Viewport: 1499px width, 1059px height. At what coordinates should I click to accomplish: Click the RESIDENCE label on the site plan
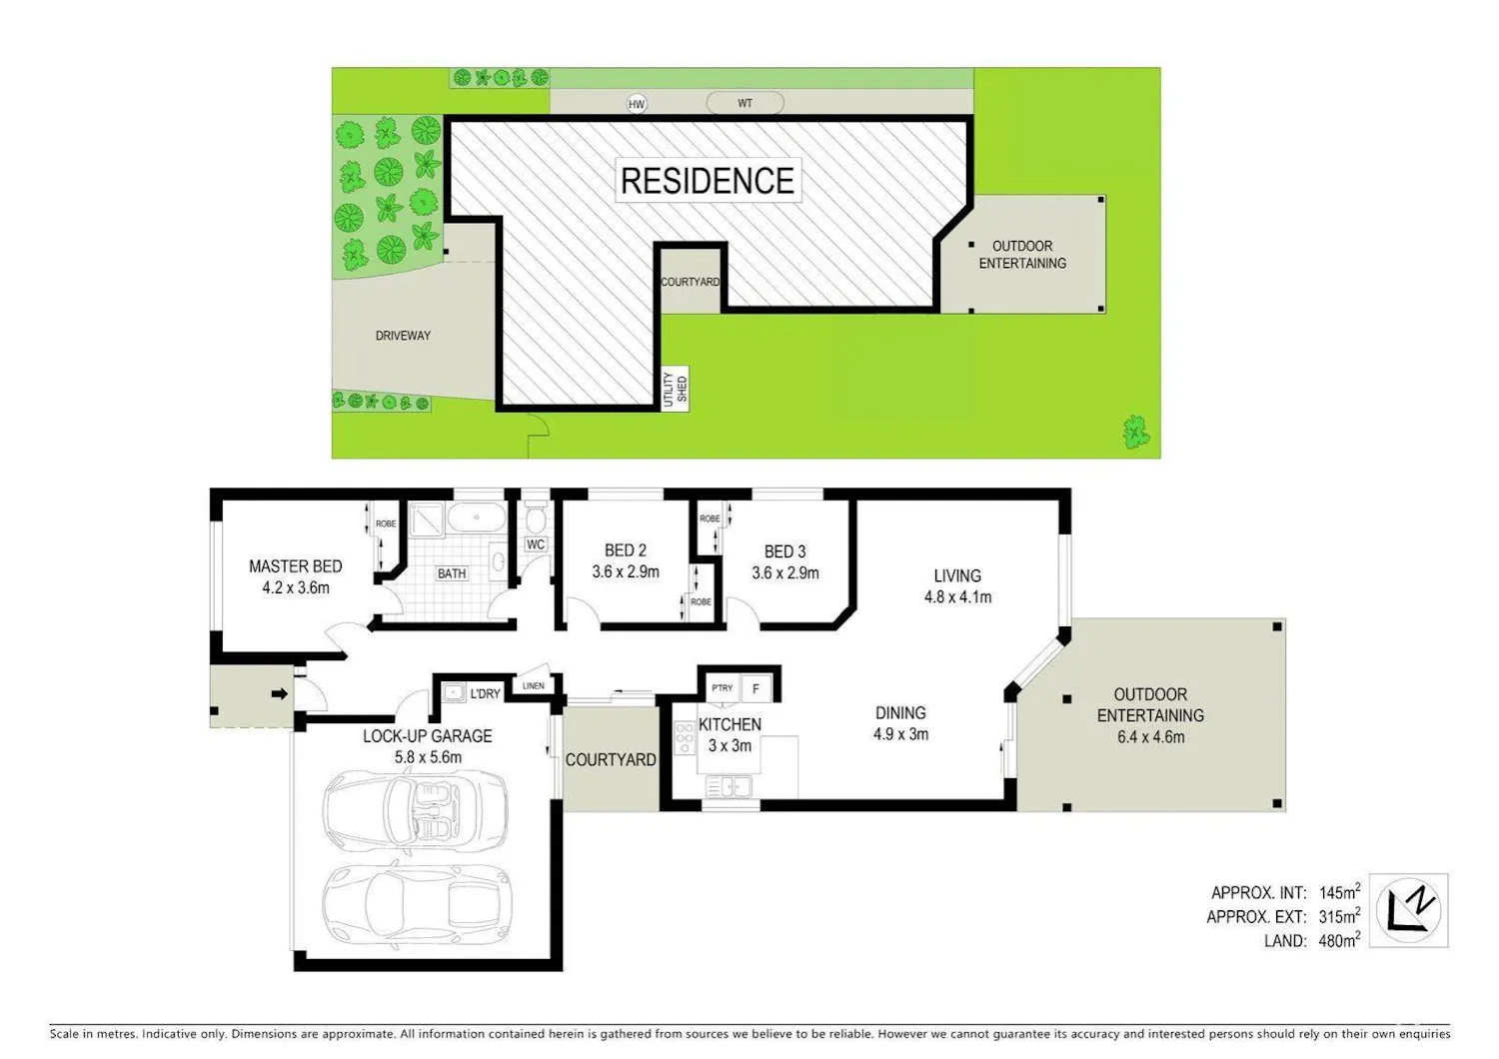pos(708,181)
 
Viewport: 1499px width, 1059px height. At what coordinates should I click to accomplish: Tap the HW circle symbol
pos(637,104)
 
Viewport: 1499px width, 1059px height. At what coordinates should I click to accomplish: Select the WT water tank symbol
pos(745,103)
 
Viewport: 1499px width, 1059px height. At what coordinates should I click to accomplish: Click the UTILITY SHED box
pos(675,389)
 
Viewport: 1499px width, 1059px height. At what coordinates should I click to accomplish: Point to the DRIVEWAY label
pos(403,335)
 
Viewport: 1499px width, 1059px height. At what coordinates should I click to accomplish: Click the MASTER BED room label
pos(295,565)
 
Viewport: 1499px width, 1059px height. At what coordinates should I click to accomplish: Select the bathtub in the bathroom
pos(476,518)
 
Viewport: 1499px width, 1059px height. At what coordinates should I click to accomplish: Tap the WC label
pos(536,544)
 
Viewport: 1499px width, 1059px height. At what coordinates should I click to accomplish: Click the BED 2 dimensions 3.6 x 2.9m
pos(625,572)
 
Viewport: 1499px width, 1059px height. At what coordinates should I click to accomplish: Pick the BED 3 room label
pos(784,551)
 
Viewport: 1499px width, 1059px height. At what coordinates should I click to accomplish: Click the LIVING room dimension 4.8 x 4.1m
pos(957,596)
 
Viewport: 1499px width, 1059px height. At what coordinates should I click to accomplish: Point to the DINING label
pos(900,712)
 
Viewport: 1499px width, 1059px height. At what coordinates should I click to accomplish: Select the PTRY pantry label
pos(723,687)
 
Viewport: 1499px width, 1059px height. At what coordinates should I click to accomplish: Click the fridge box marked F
pos(756,688)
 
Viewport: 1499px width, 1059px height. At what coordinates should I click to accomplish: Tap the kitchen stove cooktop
pos(685,737)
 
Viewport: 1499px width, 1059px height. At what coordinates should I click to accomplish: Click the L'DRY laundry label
pos(485,693)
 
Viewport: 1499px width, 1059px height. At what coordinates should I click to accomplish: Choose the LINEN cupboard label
pos(534,685)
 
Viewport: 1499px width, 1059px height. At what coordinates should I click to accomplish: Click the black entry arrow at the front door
pos(279,694)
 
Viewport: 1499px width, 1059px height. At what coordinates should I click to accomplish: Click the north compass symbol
pos(1409,910)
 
